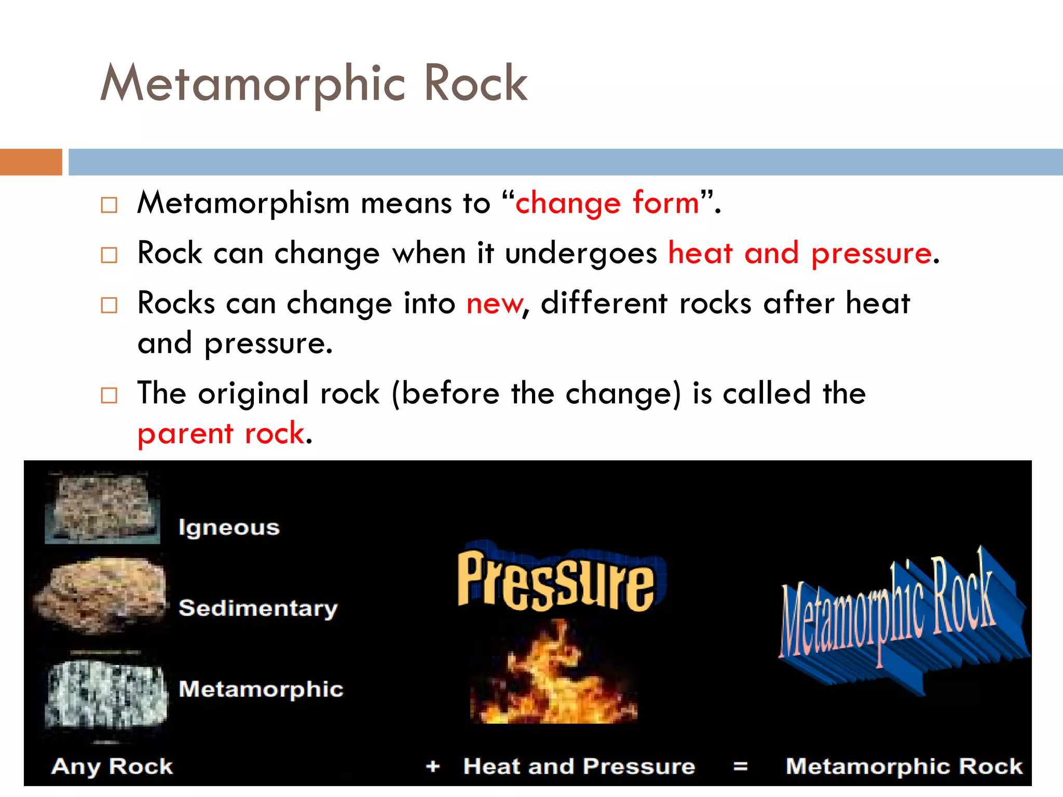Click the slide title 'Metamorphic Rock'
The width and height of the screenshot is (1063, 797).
[314, 83]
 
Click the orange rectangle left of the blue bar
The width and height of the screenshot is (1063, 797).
[31, 162]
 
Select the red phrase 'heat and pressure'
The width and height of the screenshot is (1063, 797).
[800, 253]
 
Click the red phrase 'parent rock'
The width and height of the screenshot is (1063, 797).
[221, 433]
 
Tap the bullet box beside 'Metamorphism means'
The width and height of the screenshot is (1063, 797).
[109, 205]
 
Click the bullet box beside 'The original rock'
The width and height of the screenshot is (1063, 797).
[109, 395]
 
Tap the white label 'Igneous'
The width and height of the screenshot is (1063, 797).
[229, 528]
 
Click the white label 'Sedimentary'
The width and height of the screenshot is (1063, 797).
[258, 608]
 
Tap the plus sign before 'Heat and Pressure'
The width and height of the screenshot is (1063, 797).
[433, 766]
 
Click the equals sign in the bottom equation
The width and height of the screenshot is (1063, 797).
[741, 766]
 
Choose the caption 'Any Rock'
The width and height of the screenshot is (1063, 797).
[112, 766]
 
